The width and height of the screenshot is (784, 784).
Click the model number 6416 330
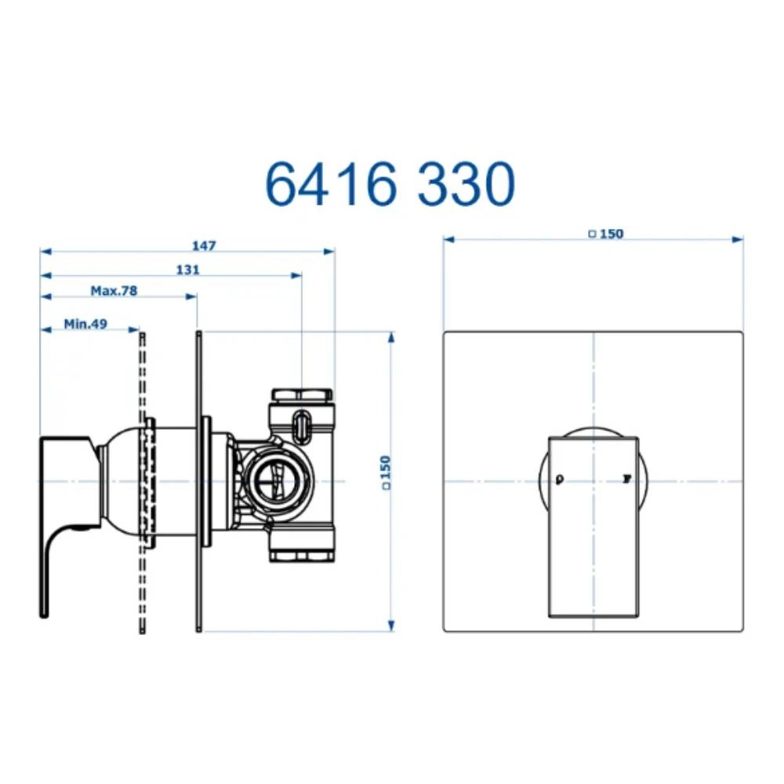pos(390,184)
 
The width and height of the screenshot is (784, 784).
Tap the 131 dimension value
pos(187,269)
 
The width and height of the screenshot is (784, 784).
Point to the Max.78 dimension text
pos(114,290)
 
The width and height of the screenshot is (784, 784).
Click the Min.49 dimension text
pos(85,322)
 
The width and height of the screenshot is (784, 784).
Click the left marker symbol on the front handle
pos(559,479)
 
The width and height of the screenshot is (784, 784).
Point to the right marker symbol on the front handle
pos(626,478)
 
